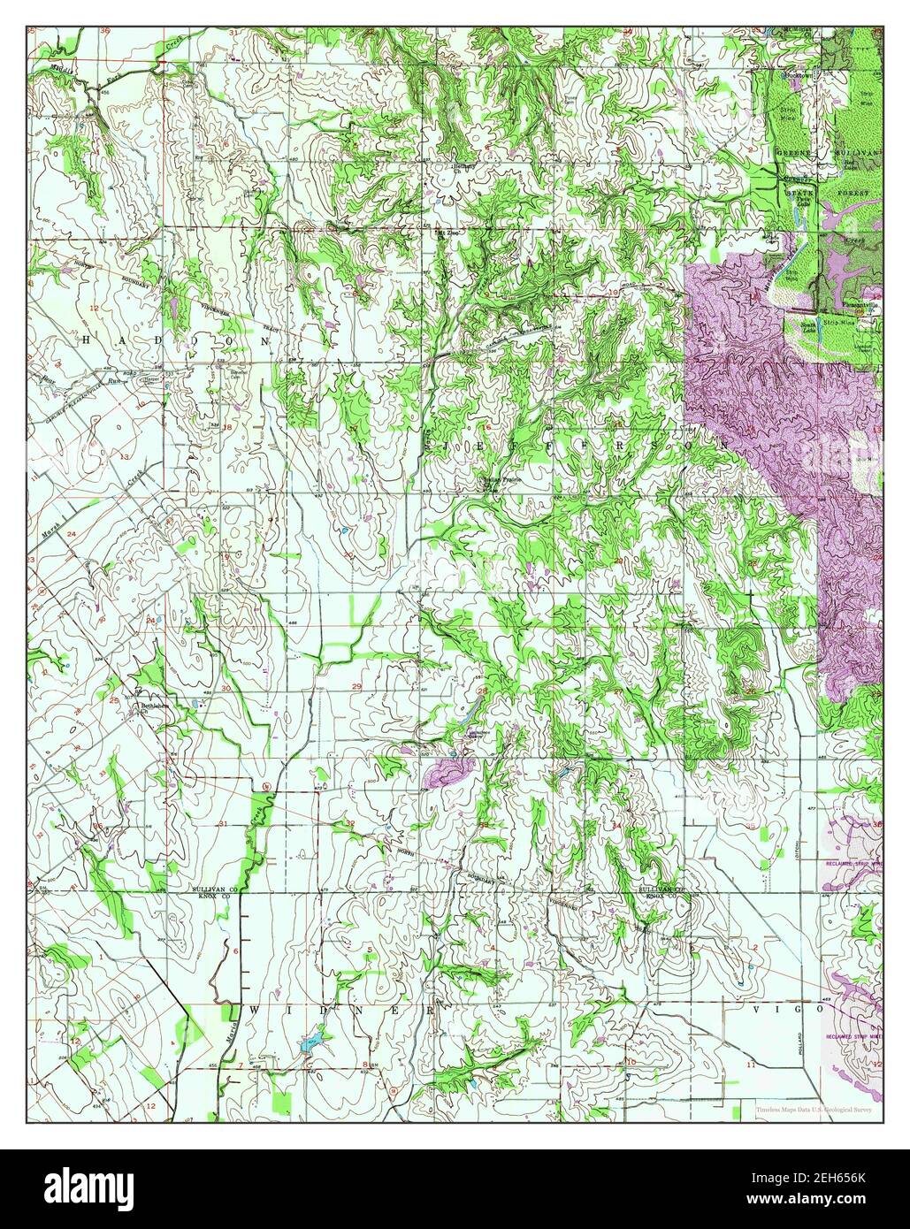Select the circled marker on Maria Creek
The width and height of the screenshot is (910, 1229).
(266, 787)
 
